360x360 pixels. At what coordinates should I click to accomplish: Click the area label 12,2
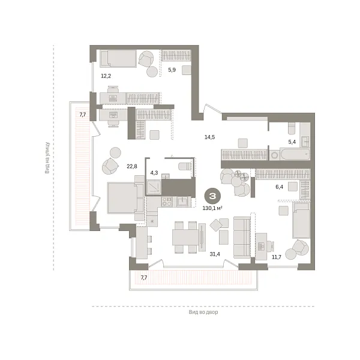click(x=106, y=76)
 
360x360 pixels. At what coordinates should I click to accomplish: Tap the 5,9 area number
click(x=172, y=70)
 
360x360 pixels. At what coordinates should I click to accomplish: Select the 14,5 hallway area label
click(x=209, y=137)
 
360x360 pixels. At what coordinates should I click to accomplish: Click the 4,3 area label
click(x=154, y=173)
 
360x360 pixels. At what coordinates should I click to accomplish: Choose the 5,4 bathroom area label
click(x=292, y=142)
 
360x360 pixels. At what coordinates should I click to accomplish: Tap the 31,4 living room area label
click(x=214, y=254)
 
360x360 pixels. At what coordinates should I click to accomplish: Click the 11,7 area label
click(x=277, y=257)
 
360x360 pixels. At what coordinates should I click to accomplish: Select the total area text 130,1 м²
click(x=212, y=208)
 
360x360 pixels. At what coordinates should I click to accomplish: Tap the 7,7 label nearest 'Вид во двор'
click(x=144, y=278)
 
